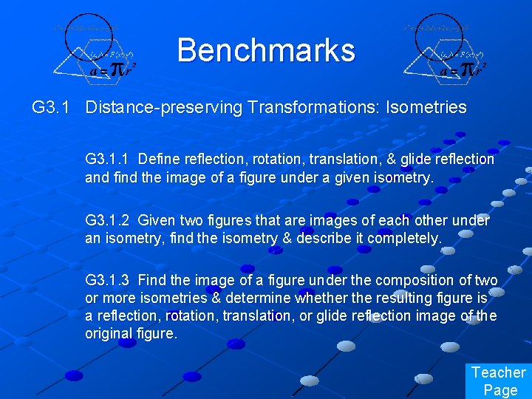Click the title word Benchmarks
coord(266,50)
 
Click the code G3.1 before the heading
coord(51,107)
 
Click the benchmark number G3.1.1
coord(108,159)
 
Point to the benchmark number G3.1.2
coord(108,220)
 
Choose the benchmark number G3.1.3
coord(108,281)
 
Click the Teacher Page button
coord(499,381)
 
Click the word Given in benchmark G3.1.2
coord(157,220)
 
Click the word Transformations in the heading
coord(296,107)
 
